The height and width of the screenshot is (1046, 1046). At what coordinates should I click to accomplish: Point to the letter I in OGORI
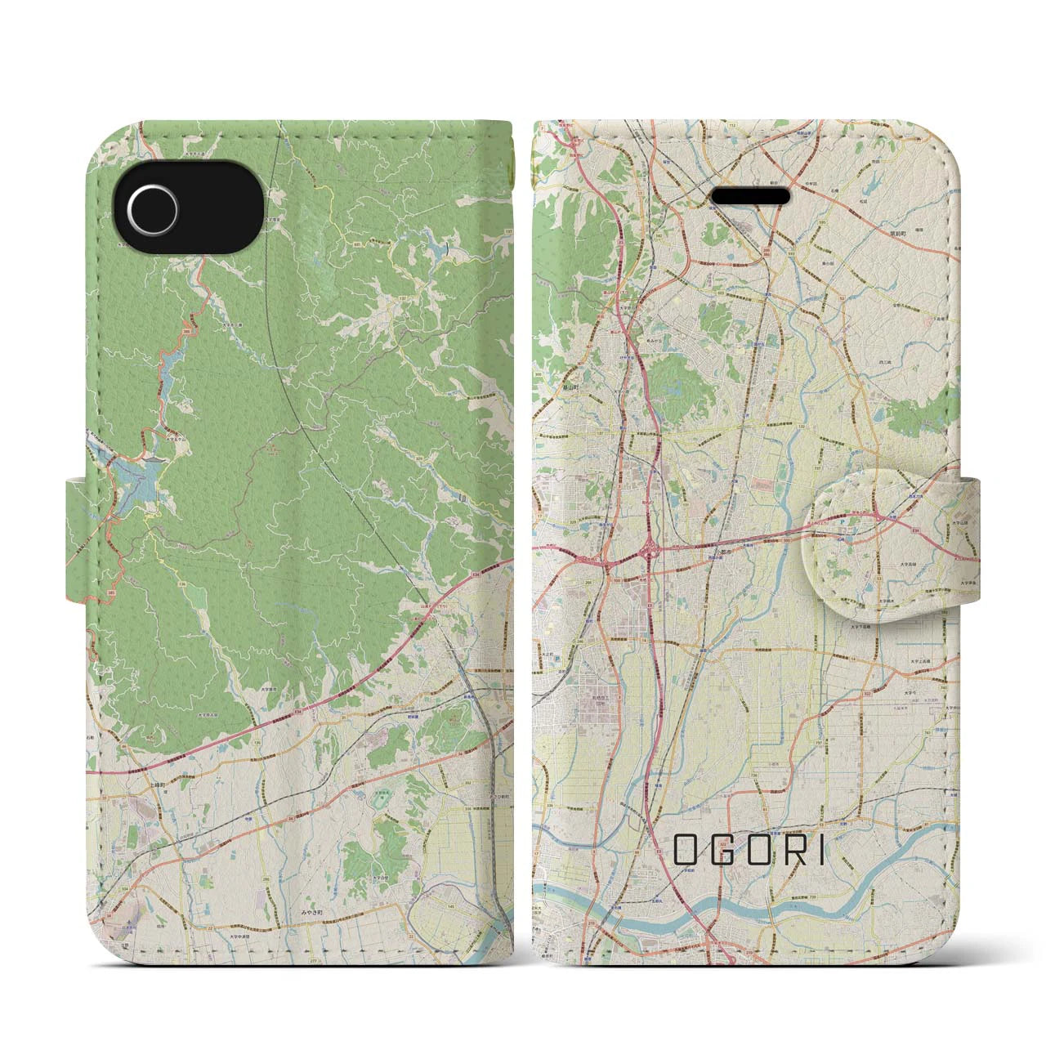pos(820,852)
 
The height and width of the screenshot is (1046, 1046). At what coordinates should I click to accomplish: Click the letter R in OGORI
pos(790,852)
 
